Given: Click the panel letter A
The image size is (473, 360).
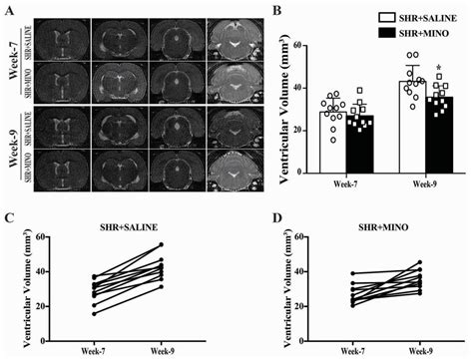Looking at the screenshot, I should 9,9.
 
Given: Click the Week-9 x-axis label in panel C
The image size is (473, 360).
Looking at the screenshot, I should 163,343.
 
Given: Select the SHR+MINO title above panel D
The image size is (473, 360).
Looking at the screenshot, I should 375,218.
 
